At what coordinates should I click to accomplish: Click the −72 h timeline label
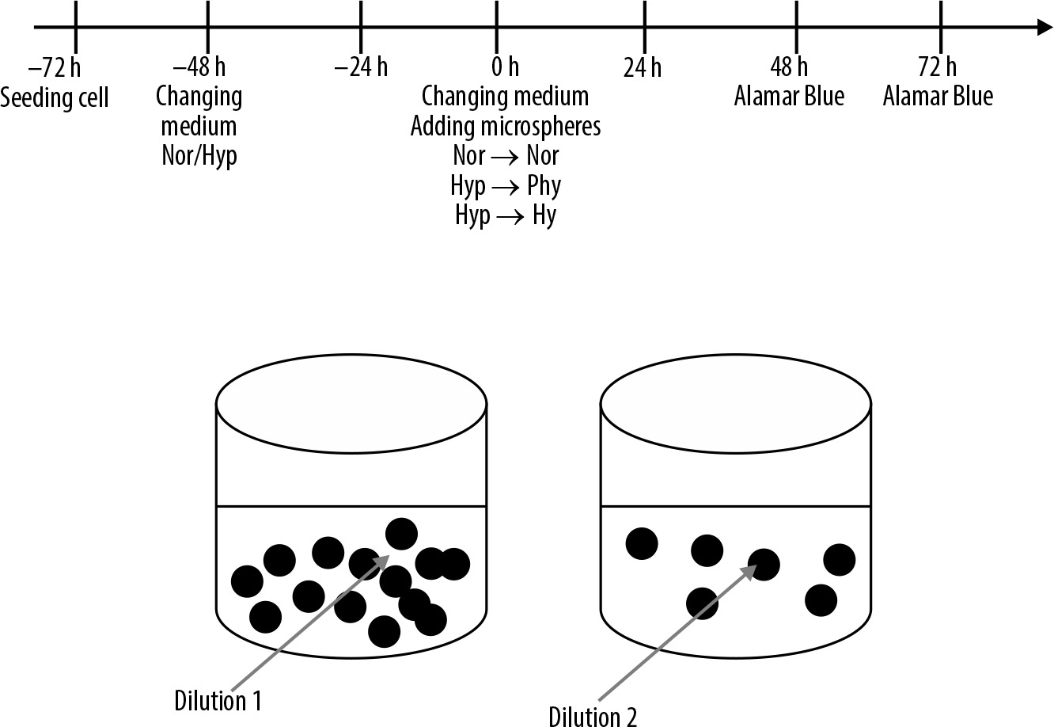55,67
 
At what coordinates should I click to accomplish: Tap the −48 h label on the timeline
199,67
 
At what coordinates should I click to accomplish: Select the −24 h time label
361,67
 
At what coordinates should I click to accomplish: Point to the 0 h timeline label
506,67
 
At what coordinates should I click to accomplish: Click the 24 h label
643,68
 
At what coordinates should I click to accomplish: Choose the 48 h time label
789,67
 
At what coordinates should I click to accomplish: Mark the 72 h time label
938,67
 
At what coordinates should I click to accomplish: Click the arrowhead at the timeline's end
1045,27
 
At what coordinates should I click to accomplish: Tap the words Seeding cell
55,98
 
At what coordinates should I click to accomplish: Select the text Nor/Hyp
199,156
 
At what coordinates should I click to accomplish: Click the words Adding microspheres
506,127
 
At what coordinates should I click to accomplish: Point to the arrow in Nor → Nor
505,157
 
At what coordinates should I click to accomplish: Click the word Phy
544,186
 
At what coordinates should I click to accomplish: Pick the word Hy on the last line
544,215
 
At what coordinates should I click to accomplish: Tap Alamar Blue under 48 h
789,97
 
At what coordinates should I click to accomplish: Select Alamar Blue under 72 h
938,97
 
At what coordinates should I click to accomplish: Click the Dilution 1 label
218,701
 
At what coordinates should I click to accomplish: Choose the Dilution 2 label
593,717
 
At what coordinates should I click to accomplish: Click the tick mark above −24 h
361,27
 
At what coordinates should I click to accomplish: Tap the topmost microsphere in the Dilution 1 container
401,534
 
